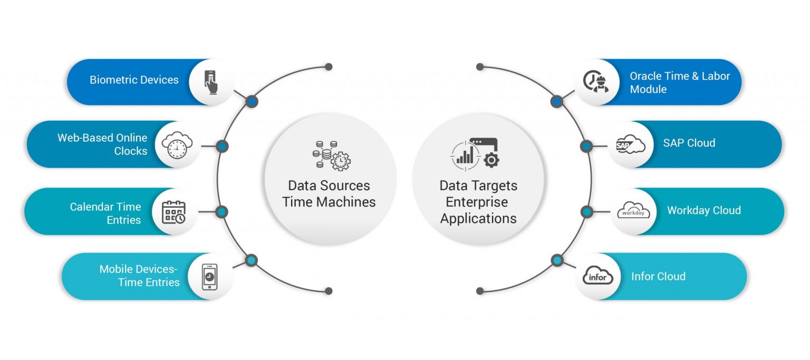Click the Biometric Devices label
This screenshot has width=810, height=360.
(134, 80)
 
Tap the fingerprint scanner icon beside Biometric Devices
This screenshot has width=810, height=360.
(212, 82)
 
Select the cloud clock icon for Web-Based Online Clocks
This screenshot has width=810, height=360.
(177, 144)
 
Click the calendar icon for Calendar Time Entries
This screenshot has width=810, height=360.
(173, 212)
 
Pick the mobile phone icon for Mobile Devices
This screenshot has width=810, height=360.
(209, 277)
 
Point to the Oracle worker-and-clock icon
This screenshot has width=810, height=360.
(596, 82)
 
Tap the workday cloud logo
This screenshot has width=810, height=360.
(633, 211)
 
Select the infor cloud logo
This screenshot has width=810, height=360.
(598, 276)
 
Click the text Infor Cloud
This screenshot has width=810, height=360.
(658, 276)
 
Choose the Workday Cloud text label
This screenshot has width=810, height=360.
(703, 210)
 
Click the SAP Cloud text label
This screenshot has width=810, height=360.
(689, 143)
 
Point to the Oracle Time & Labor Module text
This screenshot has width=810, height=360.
(679, 83)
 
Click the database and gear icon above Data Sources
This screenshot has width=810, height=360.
(331, 155)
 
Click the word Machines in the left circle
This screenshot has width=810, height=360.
(348, 202)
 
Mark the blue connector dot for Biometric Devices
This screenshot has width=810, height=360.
(252, 101)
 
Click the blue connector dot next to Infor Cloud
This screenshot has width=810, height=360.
(557, 260)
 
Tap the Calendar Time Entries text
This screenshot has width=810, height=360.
(105, 213)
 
